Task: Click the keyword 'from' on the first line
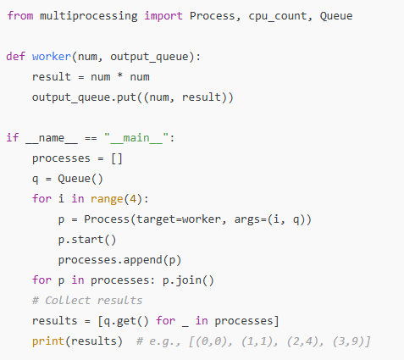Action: tap(20, 15)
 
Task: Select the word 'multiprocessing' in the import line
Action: tap(89, 16)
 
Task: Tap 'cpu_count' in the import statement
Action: tap(278, 16)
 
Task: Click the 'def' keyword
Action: tap(16, 56)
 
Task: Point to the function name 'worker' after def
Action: tap(52, 56)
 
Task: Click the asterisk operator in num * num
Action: tap(120, 75)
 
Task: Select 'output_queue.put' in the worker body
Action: tap(84, 97)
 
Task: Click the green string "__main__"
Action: tap(136, 138)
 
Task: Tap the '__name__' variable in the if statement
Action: tap(52, 138)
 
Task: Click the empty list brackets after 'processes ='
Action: tap(117, 158)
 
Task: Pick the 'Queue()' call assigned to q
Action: tap(80, 179)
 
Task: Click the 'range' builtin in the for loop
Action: tap(107, 199)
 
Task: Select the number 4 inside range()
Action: tap(133, 199)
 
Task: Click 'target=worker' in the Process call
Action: tap(179, 219)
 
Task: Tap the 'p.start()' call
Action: tap(87, 240)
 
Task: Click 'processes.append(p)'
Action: tap(119, 260)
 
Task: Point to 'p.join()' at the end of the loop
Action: tap(188, 280)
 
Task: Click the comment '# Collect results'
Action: tap(87, 301)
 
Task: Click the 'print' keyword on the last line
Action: tap(48, 341)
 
